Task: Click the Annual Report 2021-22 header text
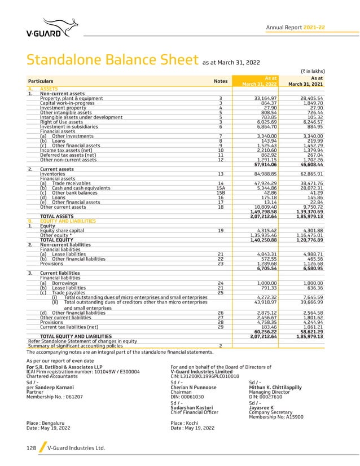(295, 27)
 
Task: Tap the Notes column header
(221, 81)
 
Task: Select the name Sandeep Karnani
(54, 389)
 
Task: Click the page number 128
(31, 448)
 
